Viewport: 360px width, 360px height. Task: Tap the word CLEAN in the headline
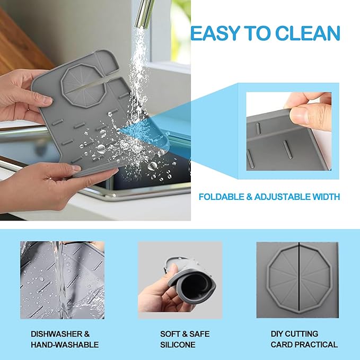point(310,33)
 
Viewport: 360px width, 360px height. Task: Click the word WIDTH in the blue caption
point(326,197)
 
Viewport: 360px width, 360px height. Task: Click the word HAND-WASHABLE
point(65,345)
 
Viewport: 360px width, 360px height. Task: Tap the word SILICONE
point(178,345)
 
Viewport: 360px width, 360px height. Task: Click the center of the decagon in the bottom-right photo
point(298,278)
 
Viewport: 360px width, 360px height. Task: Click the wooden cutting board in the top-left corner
point(21,42)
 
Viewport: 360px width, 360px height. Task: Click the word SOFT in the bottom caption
point(171,334)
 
